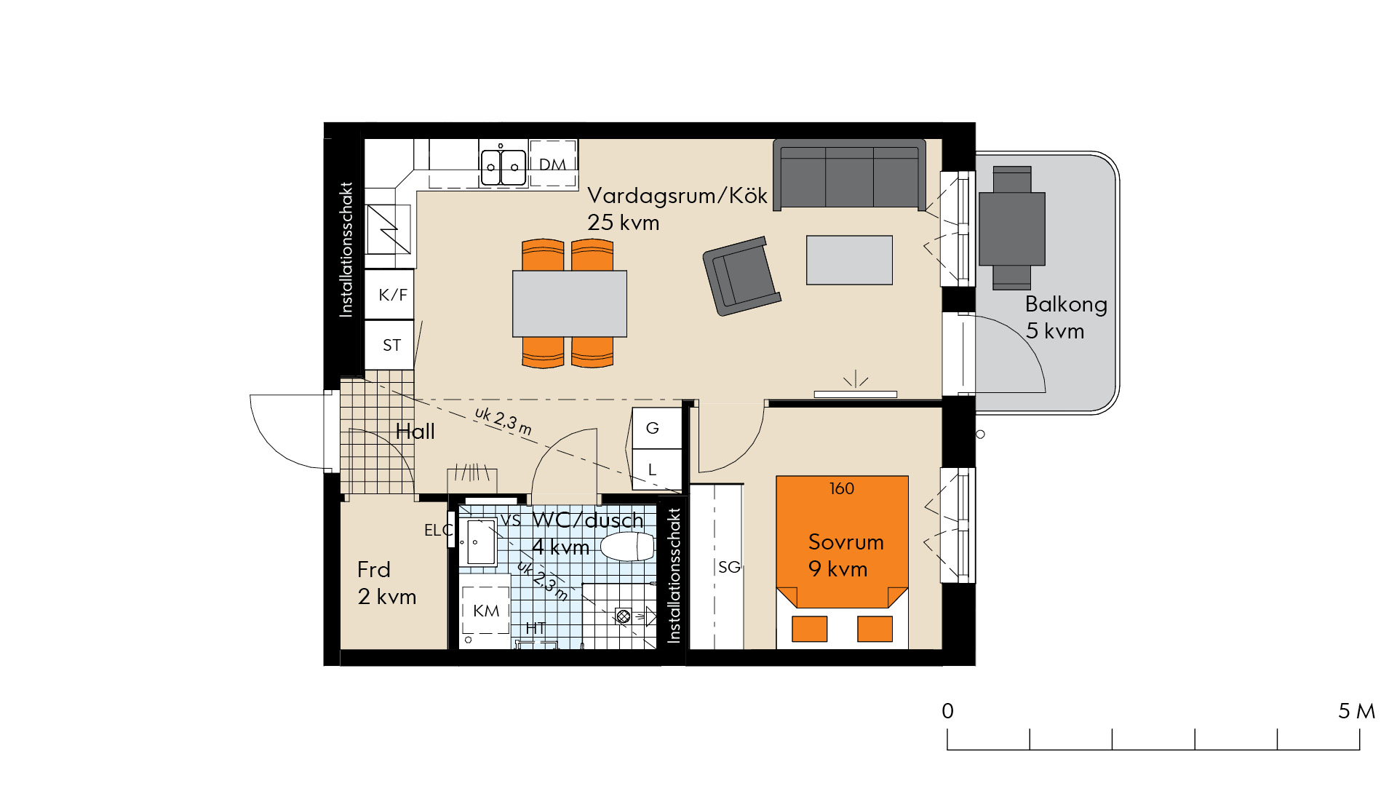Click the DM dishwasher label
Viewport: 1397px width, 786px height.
[x=552, y=164]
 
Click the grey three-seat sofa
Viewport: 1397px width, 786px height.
[x=849, y=175]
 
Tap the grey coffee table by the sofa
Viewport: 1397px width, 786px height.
[x=849, y=260]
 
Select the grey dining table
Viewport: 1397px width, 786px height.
[x=570, y=303]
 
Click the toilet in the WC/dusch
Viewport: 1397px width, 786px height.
[x=628, y=547]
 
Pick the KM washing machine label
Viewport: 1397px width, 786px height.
[x=486, y=611]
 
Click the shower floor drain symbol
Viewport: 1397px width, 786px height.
[x=623, y=616]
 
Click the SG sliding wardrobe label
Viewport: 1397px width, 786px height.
[x=729, y=567]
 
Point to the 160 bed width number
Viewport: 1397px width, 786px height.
[x=842, y=488]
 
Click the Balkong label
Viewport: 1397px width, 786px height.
[x=1066, y=304]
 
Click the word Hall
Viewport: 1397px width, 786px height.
[x=415, y=432]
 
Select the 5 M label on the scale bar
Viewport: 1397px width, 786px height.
[x=1357, y=711]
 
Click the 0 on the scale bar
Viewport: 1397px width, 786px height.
[x=947, y=711]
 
